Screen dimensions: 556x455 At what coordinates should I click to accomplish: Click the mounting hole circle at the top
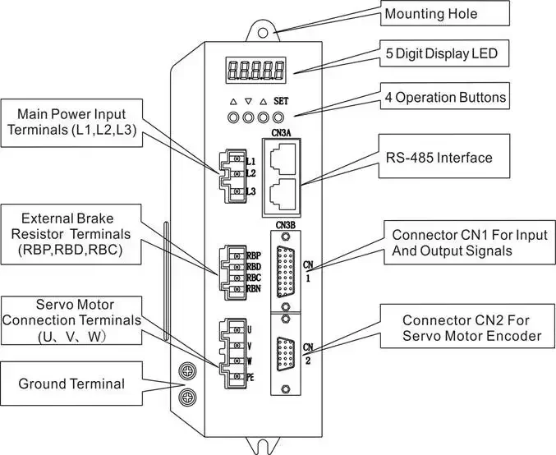263,33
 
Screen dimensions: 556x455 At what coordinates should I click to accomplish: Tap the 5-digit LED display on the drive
256,70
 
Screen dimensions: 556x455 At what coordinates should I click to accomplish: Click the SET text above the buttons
281,101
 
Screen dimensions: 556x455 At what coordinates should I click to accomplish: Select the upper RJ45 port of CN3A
283,159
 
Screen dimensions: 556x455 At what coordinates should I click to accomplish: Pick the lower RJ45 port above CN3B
283,195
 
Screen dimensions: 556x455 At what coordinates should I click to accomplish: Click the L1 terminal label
250,161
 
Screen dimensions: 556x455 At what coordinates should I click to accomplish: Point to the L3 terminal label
250,191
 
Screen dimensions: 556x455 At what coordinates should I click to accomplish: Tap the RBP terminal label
254,255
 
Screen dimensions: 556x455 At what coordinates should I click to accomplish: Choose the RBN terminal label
254,288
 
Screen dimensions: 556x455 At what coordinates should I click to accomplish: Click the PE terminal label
250,378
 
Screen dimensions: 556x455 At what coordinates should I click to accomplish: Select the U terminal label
250,330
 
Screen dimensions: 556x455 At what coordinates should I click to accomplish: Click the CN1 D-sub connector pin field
286,271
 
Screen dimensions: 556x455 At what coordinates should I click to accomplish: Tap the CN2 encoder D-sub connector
286,354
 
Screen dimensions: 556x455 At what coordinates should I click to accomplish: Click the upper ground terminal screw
186,372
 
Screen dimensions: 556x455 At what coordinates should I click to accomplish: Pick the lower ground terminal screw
186,398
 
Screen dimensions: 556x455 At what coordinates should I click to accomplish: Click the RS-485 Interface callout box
444,156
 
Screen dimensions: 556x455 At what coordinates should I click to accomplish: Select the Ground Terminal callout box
71,384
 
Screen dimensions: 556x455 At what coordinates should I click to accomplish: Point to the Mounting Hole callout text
431,14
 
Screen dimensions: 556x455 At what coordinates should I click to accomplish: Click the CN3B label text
286,225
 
